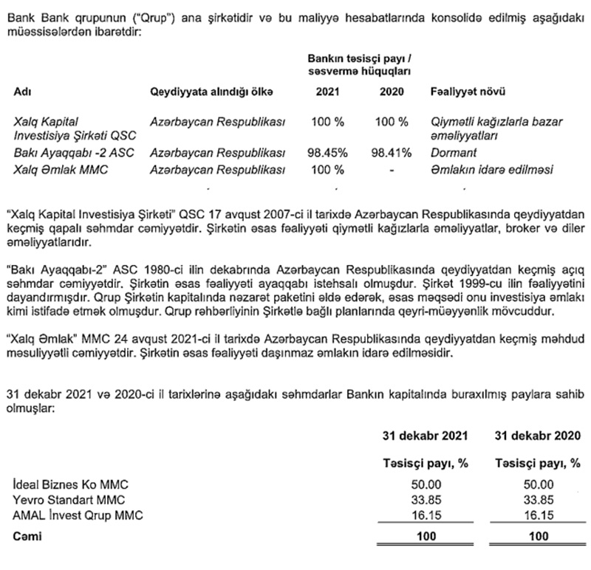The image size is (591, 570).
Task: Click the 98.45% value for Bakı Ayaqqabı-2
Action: click(327, 153)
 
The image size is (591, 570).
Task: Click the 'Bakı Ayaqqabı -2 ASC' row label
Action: click(68, 153)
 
